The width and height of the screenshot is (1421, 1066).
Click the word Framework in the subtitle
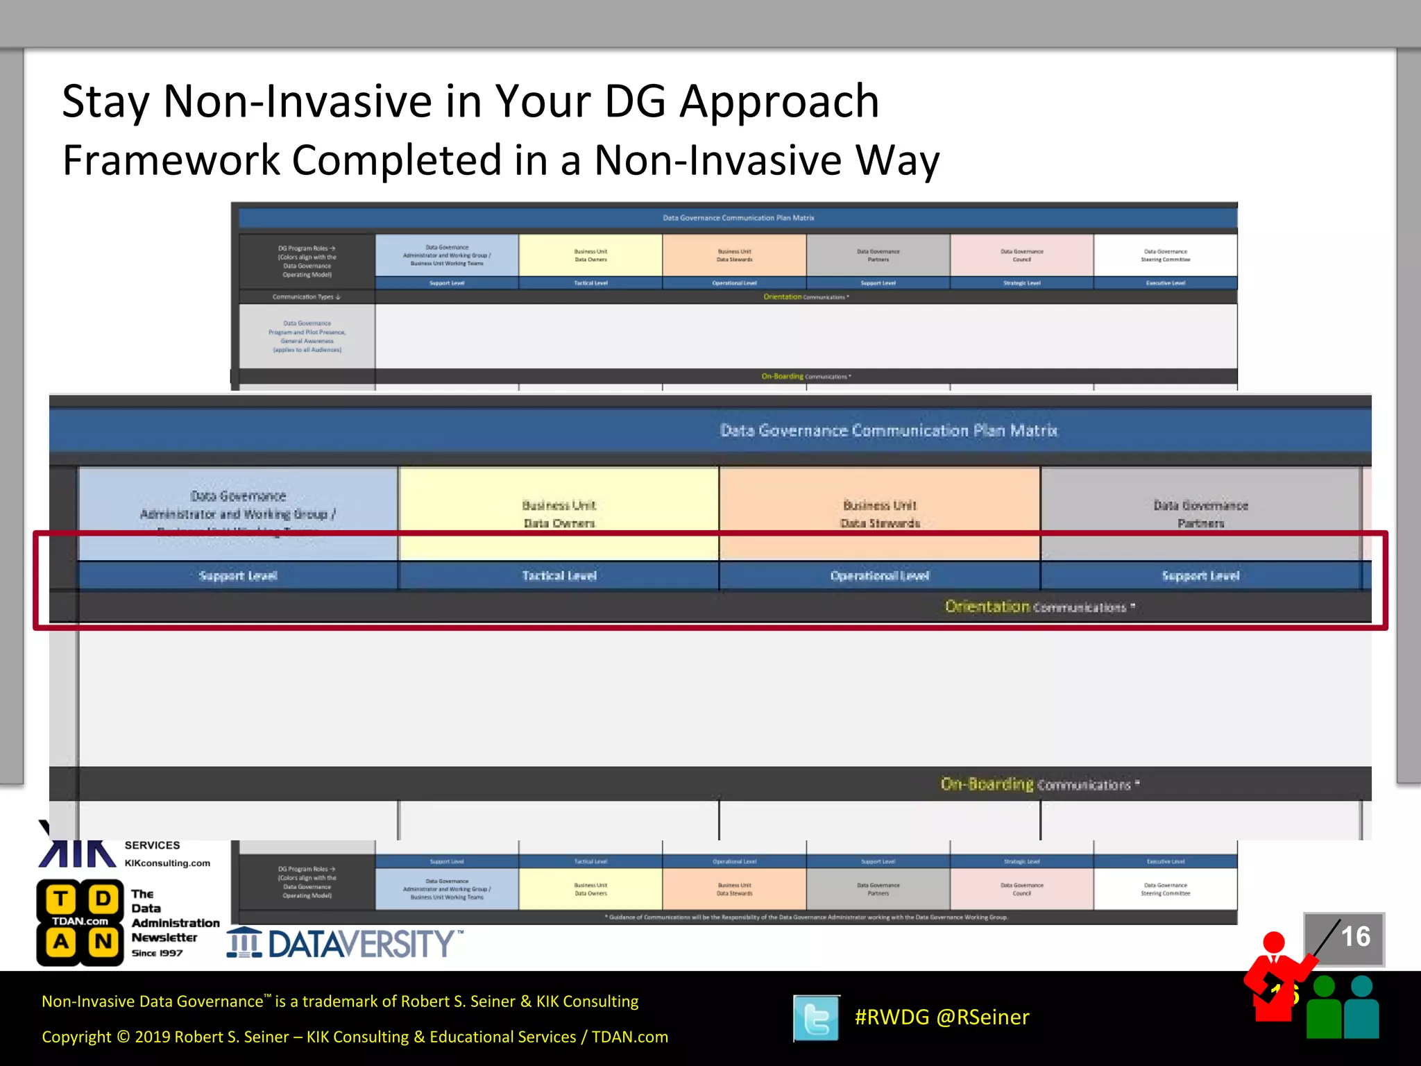[x=171, y=161]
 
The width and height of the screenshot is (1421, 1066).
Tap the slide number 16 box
[x=1344, y=938]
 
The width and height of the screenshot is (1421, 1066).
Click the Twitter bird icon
[x=817, y=1018]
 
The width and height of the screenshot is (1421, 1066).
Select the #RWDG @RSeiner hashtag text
[x=942, y=1017]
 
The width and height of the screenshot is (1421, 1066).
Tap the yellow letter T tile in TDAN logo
[x=61, y=899]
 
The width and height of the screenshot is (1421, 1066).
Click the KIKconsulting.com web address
[x=167, y=863]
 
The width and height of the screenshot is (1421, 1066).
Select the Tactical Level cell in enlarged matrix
[x=559, y=576]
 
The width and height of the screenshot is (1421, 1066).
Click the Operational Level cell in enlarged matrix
[x=879, y=576]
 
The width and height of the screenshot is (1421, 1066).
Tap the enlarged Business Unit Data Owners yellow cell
[x=559, y=514]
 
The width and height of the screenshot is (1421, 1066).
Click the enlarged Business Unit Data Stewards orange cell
[x=879, y=514]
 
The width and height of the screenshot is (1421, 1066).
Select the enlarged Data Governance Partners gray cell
[x=1200, y=514]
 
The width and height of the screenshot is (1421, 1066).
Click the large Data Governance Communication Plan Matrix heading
[x=888, y=431]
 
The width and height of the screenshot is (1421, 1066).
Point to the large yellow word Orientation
[x=987, y=607]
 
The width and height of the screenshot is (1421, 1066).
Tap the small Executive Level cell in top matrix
[x=1165, y=283]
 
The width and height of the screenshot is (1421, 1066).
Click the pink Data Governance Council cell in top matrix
[x=1021, y=255]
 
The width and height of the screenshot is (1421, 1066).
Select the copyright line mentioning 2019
[x=355, y=1037]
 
